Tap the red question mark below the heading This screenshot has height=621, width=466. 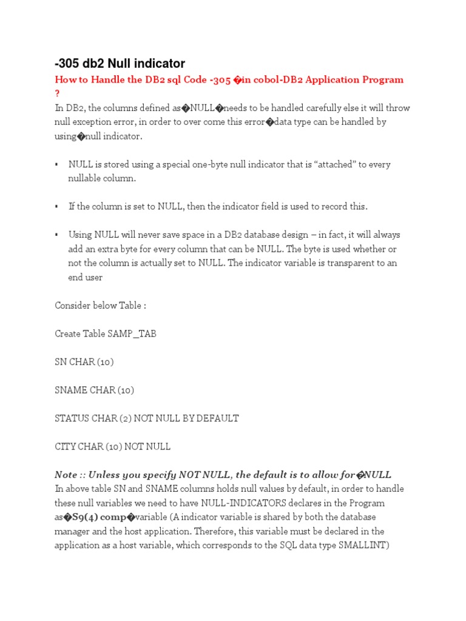coord(58,93)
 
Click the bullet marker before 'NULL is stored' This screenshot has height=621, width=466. coord(56,164)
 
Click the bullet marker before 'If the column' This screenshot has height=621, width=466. coord(56,207)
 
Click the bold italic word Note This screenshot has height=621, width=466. coord(66,475)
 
